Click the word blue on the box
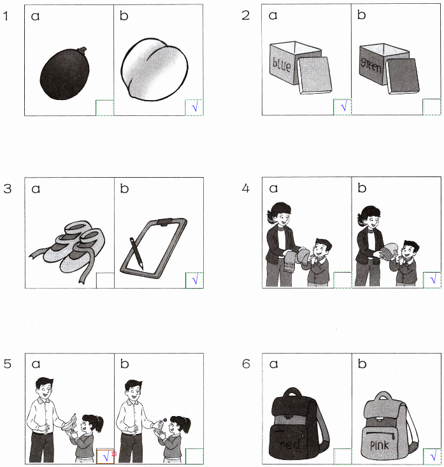coord(281,64)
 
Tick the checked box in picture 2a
coord(343,106)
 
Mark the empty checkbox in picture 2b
coord(432,106)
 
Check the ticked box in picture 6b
coord(432,456)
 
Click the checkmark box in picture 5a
coord(105,456)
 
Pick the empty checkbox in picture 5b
coord(194,456)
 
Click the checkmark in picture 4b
coord(432,280)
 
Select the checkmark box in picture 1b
coord(194,107)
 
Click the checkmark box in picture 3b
coord(194,280)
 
